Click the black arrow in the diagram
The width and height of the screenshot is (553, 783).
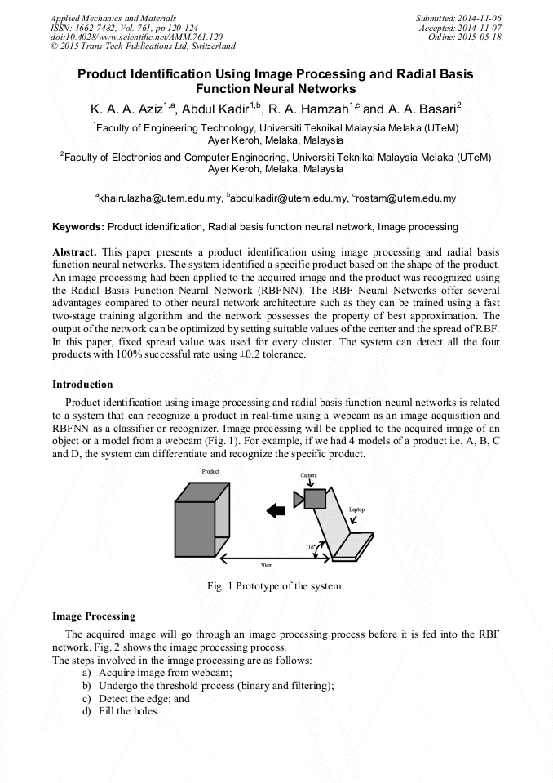tap(276, 510)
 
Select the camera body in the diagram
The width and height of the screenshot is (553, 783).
tap(315, 498)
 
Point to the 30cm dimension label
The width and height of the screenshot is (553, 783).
tap(266, 565)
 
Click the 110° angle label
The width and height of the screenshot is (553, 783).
tap(310, 548)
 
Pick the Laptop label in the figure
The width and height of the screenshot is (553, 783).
tap(356, 509)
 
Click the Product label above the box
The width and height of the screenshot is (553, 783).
tap(210, 472)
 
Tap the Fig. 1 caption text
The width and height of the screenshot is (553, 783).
tap(276, 586)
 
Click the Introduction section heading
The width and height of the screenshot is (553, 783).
tap(82, 385)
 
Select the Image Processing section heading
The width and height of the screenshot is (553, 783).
tap(94, 616)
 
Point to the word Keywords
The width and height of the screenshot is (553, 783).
tap(78, 226)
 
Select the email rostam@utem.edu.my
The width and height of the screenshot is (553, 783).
tap(405, 198)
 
